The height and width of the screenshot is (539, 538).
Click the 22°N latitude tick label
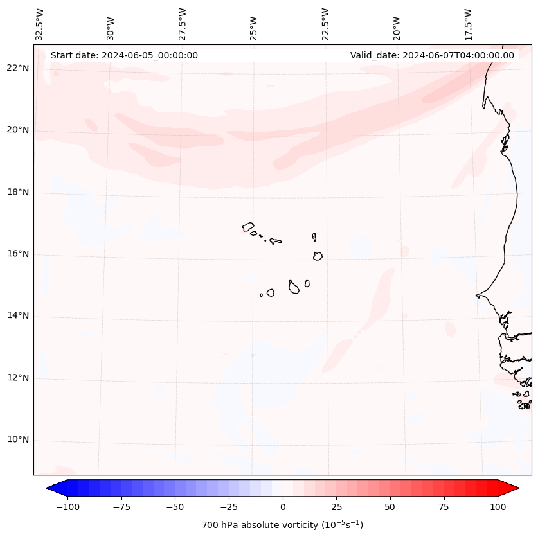tap(18, 69)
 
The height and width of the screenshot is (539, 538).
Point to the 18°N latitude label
tap(18, 192)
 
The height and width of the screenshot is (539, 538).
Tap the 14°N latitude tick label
tap(18, 316)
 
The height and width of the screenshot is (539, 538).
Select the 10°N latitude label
tap(18, 440)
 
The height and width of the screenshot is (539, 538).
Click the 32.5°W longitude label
tap(40, 24)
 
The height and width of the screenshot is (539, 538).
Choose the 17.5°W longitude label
tap(468, 24)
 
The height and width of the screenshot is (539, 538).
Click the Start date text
tap(124, 55)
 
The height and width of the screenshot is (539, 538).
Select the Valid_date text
tap(432, 55)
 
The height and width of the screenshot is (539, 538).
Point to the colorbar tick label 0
tap(283, 507)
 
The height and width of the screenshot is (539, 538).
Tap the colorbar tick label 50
tap(390, 507)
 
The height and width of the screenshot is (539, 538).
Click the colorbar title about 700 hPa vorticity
tap(283, 525)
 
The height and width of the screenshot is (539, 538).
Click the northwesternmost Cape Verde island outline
tap(248, 226)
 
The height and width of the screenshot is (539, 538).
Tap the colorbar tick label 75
tap(444, 507)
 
